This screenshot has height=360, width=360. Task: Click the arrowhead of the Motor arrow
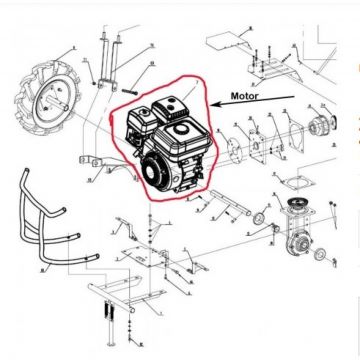[212, 102]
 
